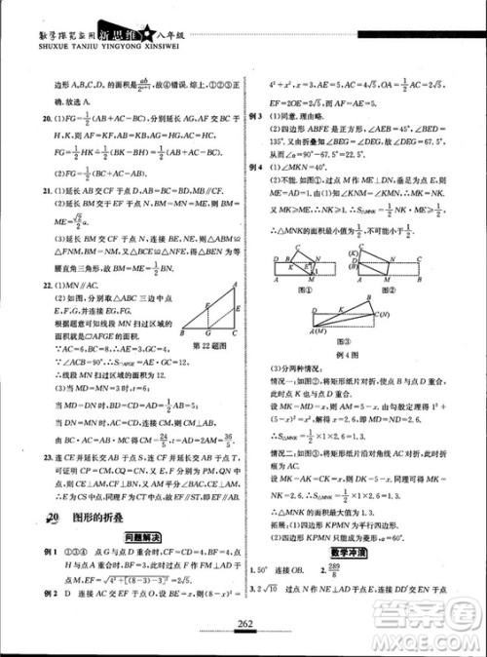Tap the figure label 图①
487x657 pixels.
(x=310, y=290)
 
